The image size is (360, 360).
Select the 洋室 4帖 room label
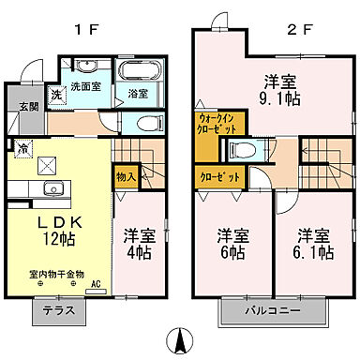[138, 245]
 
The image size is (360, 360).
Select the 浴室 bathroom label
[137, 94]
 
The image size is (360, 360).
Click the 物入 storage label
[127, 174]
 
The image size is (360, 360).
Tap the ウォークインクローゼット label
[220, 125]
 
